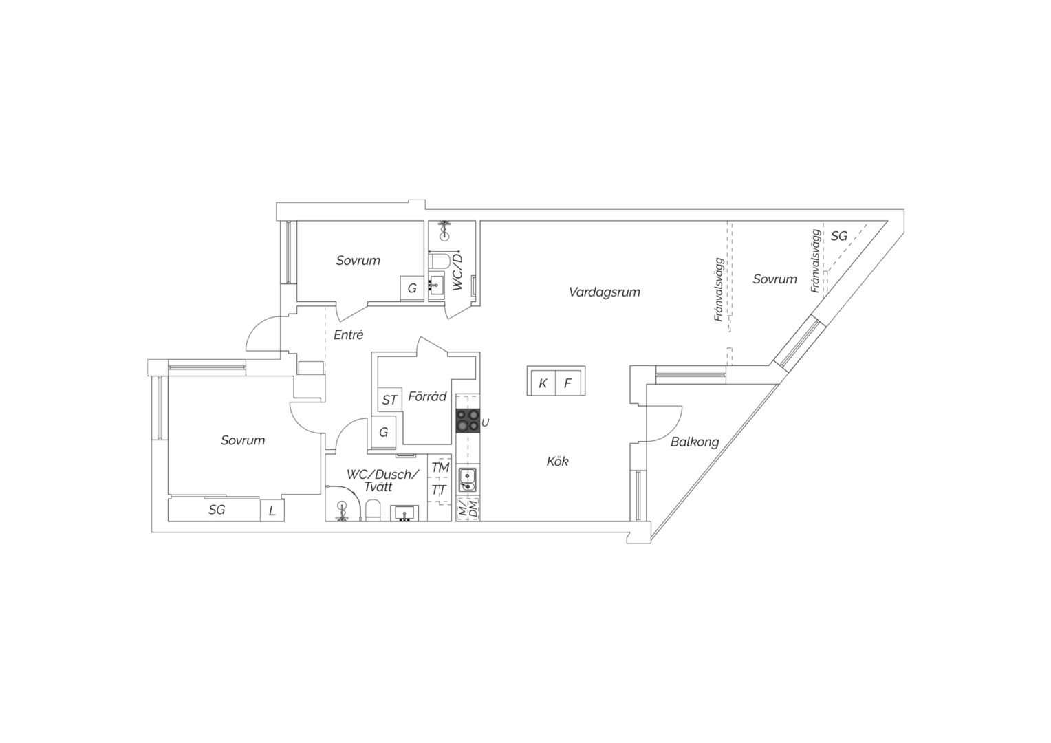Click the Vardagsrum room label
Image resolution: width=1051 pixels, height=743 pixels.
coord(605,292)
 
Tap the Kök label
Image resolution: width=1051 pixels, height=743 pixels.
coord(557,462)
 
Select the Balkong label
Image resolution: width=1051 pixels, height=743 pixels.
coord(695,442)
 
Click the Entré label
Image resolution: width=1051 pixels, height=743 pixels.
coord(349,334)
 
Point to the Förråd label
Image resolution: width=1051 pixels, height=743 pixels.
coord(427,397)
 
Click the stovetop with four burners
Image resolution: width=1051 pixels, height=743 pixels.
coord(468,420)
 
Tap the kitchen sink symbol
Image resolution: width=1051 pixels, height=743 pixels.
coord(467,480)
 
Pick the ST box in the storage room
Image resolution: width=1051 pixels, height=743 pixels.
coord(389,400)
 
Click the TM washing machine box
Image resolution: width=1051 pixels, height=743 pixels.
coord(440,468)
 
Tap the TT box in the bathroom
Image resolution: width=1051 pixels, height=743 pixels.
coord(439,491)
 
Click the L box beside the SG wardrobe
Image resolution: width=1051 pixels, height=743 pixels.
coord(272,510)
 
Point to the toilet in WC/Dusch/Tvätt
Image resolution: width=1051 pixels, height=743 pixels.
coord(373,510)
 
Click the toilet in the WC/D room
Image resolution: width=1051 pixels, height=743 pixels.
coord(439,259)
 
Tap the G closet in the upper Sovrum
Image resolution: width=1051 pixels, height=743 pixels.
coord(412,288)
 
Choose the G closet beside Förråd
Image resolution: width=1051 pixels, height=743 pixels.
coord(383,432)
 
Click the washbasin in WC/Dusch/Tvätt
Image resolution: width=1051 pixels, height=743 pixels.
coord(404,513)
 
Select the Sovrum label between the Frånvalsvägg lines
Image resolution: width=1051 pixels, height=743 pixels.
coord(774,279)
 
